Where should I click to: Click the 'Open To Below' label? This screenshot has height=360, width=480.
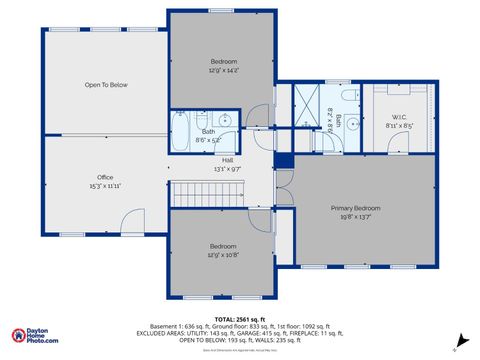(x=105, y=85)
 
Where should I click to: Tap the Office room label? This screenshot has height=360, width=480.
(x=105, y=177)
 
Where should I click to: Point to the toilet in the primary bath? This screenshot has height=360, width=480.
(x=348, y=96)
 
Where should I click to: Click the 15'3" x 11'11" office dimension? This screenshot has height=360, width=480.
(x=105, y=186)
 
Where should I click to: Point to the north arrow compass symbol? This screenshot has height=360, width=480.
(x=461, y=340)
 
